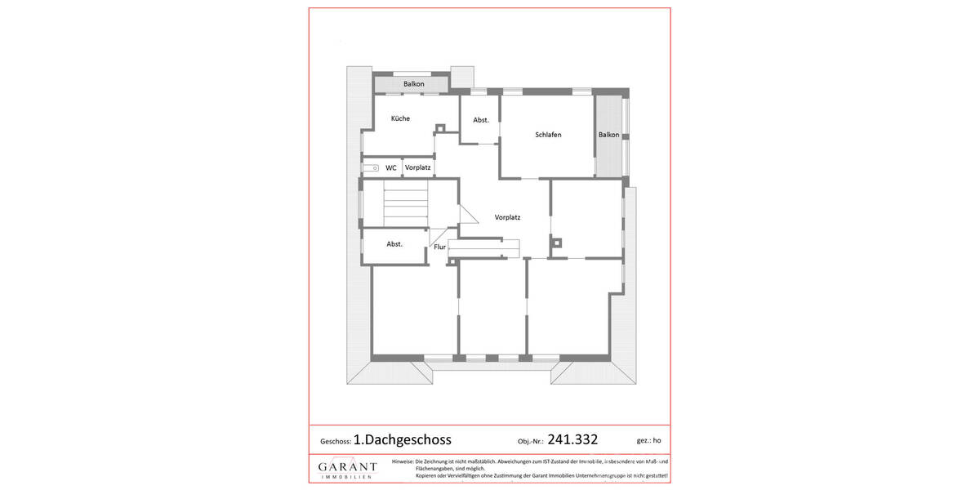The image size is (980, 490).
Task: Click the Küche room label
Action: (x=400, y=119)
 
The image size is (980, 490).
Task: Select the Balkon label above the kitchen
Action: (x=414, y=84)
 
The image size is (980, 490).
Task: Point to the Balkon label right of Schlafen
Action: (x=608, y=135)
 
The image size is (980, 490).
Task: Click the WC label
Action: (x=391, y=168)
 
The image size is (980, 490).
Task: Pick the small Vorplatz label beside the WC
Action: (x=418, y=168)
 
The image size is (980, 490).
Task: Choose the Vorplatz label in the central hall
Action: (x=507, y=218)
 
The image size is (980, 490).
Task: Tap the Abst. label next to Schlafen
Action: (x=481, y=120)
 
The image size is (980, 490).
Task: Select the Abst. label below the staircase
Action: (x=394, y=244)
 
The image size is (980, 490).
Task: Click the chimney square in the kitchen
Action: (x=440, y=128)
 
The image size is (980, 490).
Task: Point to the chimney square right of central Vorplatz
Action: (x=556, y=242)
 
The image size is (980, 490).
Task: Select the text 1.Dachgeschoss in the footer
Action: (x=403, y=439)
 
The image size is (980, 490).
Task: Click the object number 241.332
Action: (x=572, y=439)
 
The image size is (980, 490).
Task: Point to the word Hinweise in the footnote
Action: (x=403, y=461)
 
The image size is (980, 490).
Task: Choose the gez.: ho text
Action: (x=648, y=440)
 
